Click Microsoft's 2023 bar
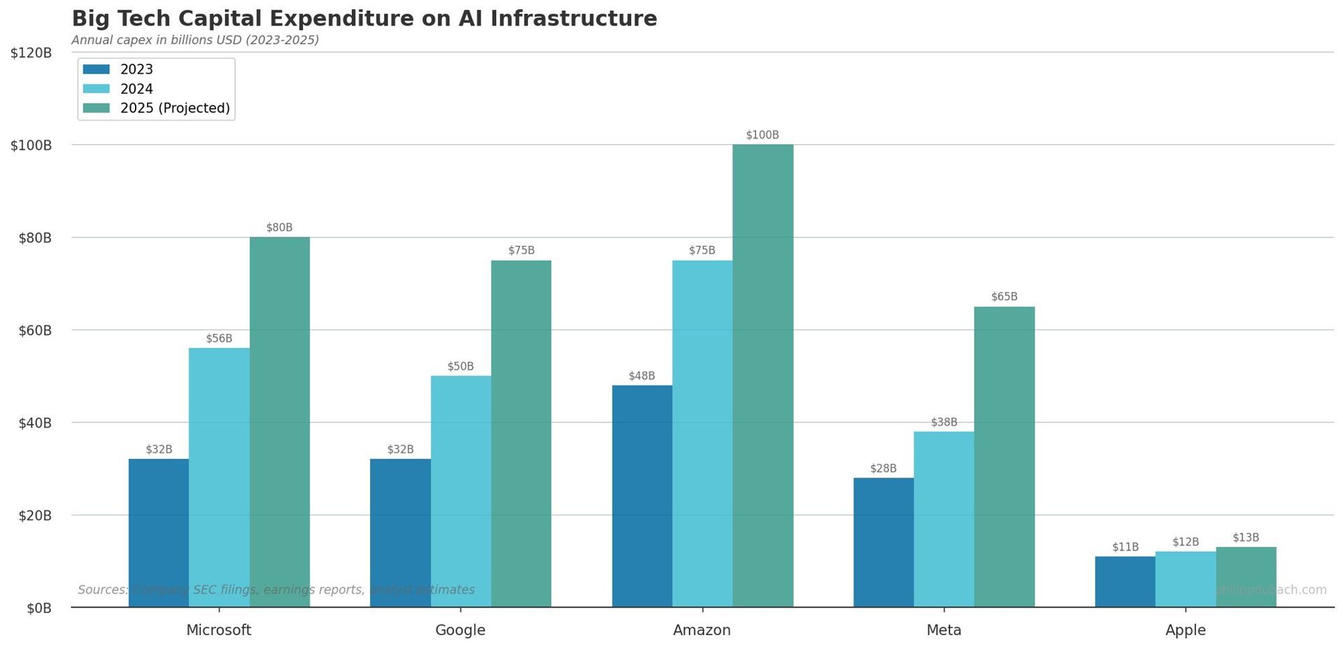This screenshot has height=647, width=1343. click(159, 533)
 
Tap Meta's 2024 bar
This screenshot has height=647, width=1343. click(944, 519)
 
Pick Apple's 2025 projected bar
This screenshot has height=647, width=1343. click(1246, 577)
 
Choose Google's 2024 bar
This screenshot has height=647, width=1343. click(461, 491)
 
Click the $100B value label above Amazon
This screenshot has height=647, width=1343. click(762, 135)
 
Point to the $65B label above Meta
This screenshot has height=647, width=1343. click(1004, 297)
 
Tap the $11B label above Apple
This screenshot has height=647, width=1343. click(1125, 547)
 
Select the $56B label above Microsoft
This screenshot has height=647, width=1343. click(219, 339)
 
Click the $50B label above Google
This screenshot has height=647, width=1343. click(461, 367)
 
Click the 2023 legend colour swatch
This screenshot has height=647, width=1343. click(97, 69)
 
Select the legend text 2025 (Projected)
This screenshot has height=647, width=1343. click(175, 109)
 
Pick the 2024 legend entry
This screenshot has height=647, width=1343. click(136, 89)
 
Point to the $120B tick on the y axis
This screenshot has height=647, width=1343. click(31, 53)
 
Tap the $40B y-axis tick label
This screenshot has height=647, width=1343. click(31, 423)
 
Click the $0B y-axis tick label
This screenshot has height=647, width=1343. click(39, 608)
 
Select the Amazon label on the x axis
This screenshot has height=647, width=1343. click(702, 630)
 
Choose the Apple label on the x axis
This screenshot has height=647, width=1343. click(1185, 630)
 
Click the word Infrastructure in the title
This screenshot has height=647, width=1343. click(574, 19)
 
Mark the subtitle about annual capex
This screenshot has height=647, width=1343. click(195, 40)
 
